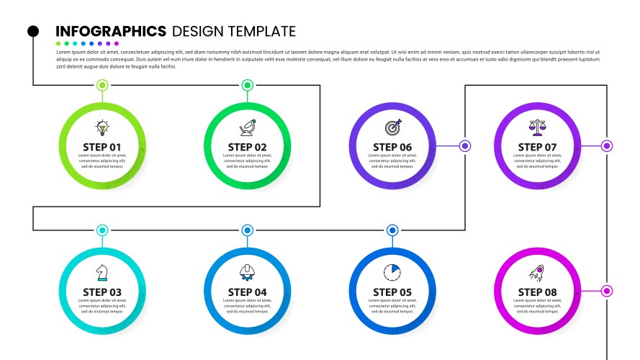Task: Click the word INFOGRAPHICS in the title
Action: point(111,31)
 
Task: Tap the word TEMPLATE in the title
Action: point(262,31)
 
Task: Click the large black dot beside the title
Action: point(33,31)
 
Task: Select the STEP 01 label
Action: point(102,148)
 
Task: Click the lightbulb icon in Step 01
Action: point(102,128)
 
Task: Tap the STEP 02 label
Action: point(247,148)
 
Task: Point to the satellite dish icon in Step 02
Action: point(248,127)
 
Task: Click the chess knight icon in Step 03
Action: point(102,273)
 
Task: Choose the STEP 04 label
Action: point(247,292)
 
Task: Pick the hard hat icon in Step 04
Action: point(248,272)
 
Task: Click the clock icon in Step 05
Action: point(392,272)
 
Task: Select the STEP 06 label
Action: point(392,148)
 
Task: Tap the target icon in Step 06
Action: point(392,127)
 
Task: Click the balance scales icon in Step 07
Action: point(538,127)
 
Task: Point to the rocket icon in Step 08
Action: point(537,272)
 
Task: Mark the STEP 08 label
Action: point(538,292)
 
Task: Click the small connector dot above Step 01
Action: point(102,85)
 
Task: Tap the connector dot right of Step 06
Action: point(465,146)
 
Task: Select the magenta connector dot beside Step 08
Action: point(607,291)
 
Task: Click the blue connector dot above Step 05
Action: point(392,230)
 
